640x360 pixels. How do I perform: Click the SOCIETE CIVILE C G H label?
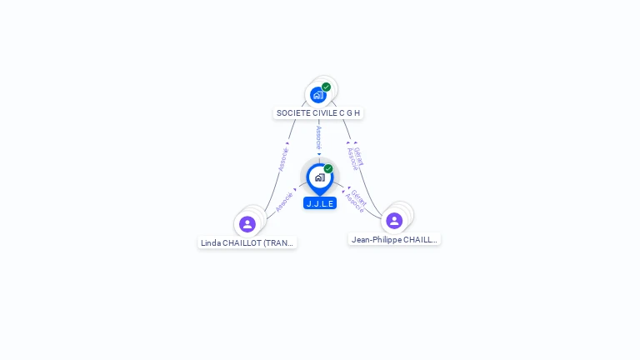tap(318, 112)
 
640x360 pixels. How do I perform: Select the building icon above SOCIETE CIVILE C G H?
tap(317, 95)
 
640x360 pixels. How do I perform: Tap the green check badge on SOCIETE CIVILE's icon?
tap(327, 87)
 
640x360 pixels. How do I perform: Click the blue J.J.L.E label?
tap(320, 203)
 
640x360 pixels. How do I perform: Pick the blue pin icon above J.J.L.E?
tap(319, 177)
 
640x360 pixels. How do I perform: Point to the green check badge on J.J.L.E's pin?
tap(328, 168)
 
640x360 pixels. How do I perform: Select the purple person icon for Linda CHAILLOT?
tap(247, 224)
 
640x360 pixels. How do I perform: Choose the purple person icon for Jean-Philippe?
tap(394, 221)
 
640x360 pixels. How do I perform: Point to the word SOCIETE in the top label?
tap(292, 112)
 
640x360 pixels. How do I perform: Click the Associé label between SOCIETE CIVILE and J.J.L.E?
tap(318, 137)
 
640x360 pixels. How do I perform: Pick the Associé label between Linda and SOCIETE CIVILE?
tap(283, 159)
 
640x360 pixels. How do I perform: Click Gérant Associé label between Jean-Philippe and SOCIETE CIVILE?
tap(356, 157)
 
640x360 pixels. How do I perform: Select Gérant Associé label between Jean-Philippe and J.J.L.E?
tap(357, 200)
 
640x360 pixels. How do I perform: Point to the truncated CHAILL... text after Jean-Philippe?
tap(421, 239)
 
